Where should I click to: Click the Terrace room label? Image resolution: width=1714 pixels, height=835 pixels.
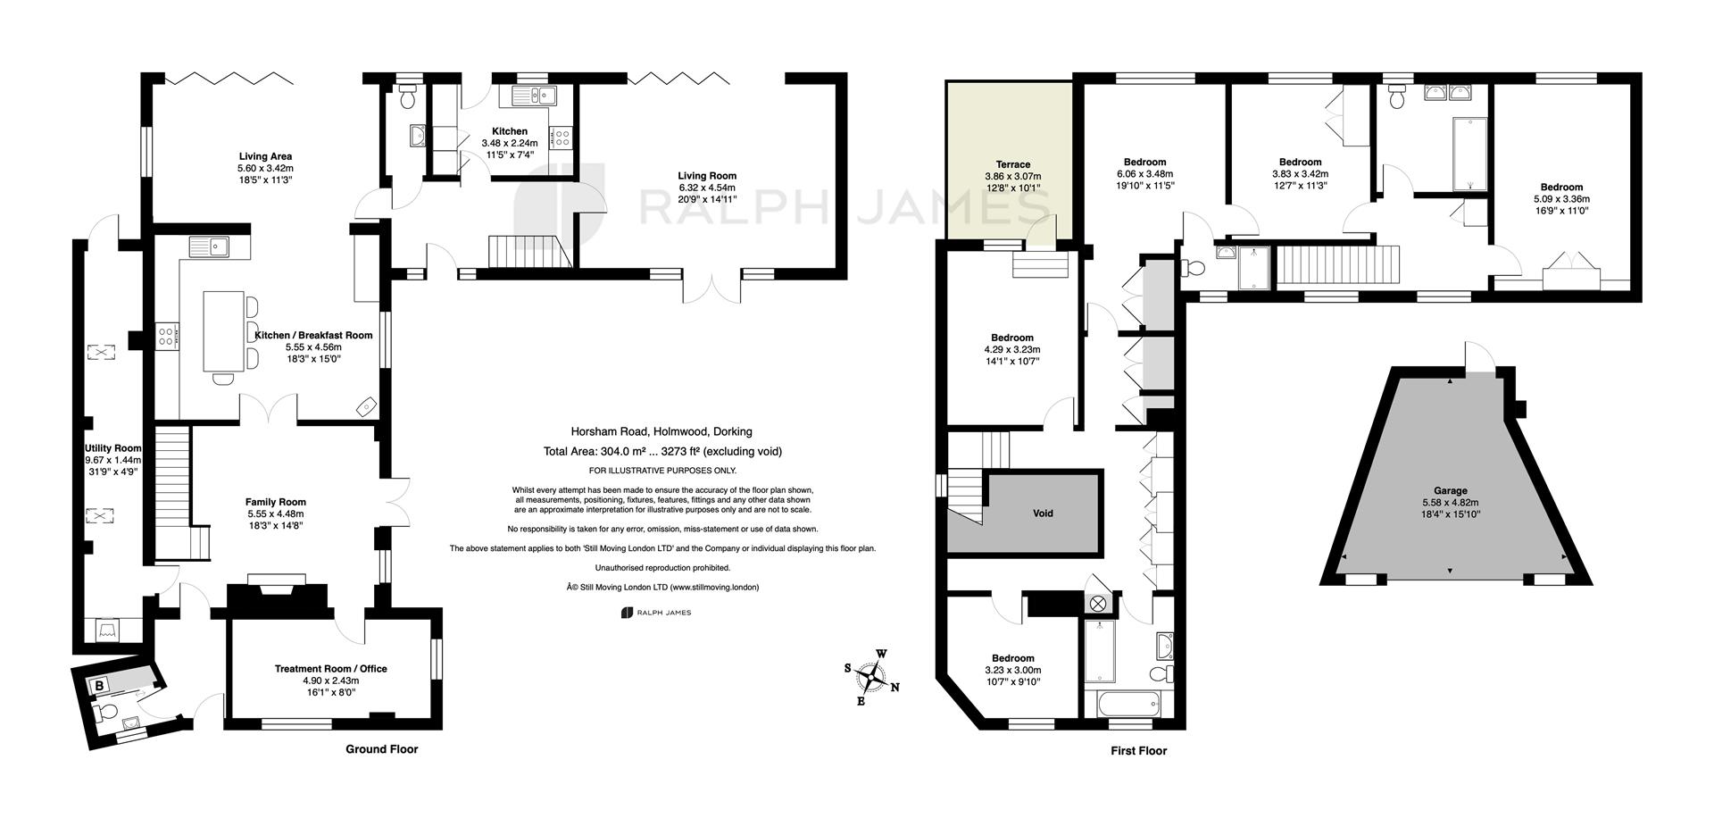(x=1012, y=164)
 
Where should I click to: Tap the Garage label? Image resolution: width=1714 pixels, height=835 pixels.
(x=1451, y=490)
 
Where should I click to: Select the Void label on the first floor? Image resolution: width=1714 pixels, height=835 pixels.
(x=1043, y=514)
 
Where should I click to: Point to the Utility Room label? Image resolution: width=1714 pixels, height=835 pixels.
(x=113, y=448)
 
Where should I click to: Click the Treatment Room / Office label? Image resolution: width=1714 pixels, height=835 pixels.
(x=330, y=669)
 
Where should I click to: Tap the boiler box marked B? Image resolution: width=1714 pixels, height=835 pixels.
(x=100, y=686)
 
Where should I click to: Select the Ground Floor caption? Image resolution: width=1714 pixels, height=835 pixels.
(x=381, y=749)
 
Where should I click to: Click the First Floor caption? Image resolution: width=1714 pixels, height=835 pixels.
(x=1138, y=751)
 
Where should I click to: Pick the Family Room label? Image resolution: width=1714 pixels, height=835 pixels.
(x=276, y=502)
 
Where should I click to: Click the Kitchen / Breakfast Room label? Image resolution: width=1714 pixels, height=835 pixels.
(x=313, y=335)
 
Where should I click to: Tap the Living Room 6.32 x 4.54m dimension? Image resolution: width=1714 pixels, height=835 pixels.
(x=706, y=188)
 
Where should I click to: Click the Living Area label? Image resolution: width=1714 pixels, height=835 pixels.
(x=265, y=156)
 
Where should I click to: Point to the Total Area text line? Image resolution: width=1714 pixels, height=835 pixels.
(x=662, y=452)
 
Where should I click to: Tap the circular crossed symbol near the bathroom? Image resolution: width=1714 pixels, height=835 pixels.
(x=1098, y=605)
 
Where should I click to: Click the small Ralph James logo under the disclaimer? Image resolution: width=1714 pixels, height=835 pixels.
(x=657, y=613)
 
